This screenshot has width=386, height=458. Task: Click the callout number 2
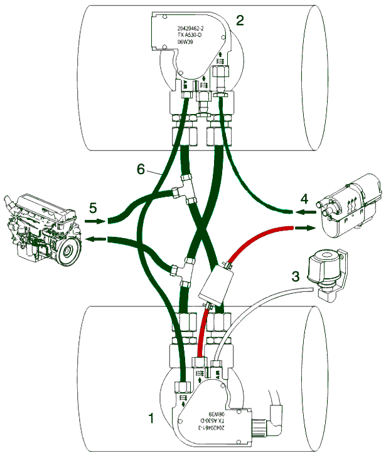(x=240, y=20)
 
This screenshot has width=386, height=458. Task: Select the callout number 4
(x=304, y=199)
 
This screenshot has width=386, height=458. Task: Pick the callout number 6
(x=141, y=169)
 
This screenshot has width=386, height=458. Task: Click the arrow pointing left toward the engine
(x=95, y=239)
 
